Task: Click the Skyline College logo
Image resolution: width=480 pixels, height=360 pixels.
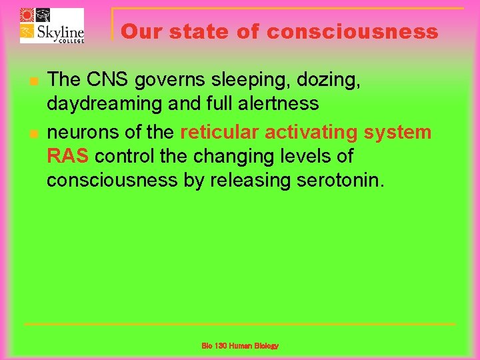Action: click(x=51, y=26)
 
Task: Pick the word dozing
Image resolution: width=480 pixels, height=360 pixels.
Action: click(x=331, y=80)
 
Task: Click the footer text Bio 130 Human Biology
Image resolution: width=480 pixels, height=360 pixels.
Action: click(x=240, y=346)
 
